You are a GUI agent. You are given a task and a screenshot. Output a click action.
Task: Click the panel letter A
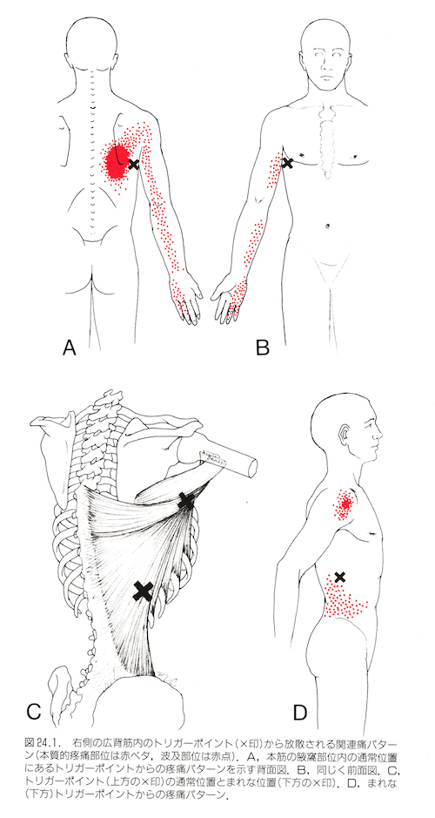click(70, 347)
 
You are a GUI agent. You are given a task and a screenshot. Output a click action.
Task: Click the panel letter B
click(263, 347)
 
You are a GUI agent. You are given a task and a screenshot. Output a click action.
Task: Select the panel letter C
click(33, 712)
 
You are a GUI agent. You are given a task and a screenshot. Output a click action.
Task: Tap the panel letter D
click(300, 712)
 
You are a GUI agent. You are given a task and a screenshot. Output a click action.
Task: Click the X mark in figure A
click(134, 165)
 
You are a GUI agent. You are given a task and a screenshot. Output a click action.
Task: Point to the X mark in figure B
click(286, 163)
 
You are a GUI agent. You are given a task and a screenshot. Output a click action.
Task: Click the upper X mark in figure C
click(186, 501)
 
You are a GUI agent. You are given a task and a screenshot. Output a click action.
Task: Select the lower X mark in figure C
click(143, 592)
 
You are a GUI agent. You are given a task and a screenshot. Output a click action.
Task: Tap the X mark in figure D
click(339, 577)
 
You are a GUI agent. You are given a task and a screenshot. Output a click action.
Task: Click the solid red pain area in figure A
click(117, 160)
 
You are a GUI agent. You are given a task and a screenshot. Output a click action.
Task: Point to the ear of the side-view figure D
click(345, 435)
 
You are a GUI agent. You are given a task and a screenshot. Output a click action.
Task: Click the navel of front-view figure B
click(328, 226)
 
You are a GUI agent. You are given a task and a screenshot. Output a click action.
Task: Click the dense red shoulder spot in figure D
click(345, 504)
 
